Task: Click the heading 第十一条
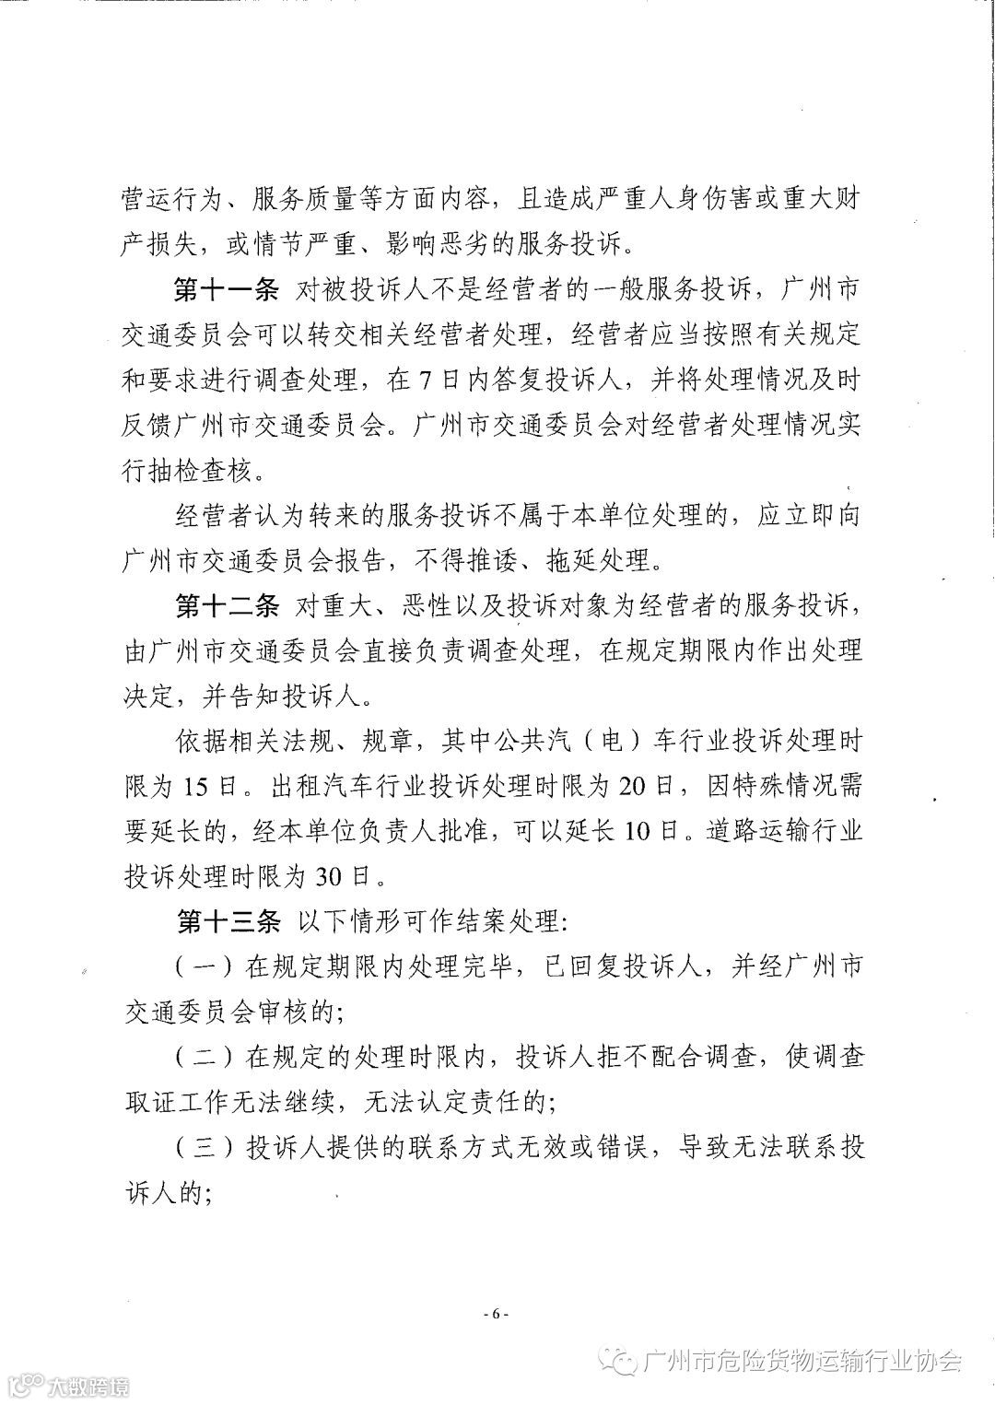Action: tap(226, 292)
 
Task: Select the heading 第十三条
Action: tap(226, 921)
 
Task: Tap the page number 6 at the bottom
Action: tap(496, 1314)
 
